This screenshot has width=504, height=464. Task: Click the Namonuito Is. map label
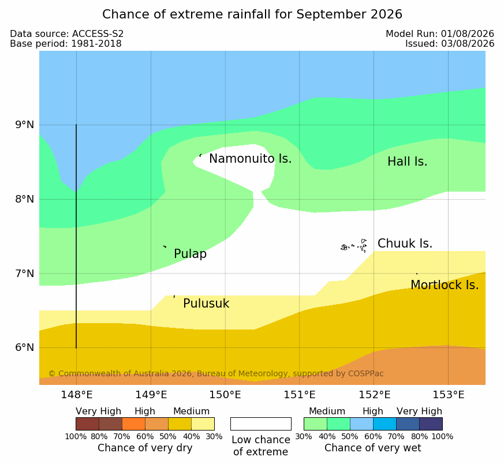pyautogui.click(x=251, y=159)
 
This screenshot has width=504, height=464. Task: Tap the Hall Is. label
pyautogui.click(x=407, y=162)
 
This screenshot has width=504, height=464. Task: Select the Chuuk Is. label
pyautogui.click(x=405, y=244)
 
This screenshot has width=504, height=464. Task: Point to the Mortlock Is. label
pyautogui.click(x=445, y=285)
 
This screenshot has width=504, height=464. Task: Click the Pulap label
pyautogui.click(x=190, y=254)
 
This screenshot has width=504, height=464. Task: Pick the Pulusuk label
pyautogui.click(x=206, y=304)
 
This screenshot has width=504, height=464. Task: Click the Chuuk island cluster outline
pyautogui.click(x=354, y=246)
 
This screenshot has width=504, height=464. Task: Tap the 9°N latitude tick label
pyautogui.click(x=24, y=125)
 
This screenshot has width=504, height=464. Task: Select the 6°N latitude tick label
pyautogui.click(x=24, y=347)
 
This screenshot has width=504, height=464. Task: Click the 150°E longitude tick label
pyautogui.click(x=225, y=395)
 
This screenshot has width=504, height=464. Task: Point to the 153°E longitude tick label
pyautogui.click(x=448, y=395)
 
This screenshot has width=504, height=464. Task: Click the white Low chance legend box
pyautogui.click(x=261, y=424)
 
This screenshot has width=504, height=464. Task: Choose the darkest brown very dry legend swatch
pyautogui.click(x=87, y=424)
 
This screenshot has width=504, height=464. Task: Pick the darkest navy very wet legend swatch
pyautogui.click(x=431, y=424)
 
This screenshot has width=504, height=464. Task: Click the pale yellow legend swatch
pyautogui.click(x=203, y=424)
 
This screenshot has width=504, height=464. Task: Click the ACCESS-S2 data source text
pyautogui.click(x=98, y=34)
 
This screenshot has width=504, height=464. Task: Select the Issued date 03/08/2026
pyautogui.click(x=468, y=44)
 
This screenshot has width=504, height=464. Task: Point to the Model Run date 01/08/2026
pyautogui.click(x=468, y=34)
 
